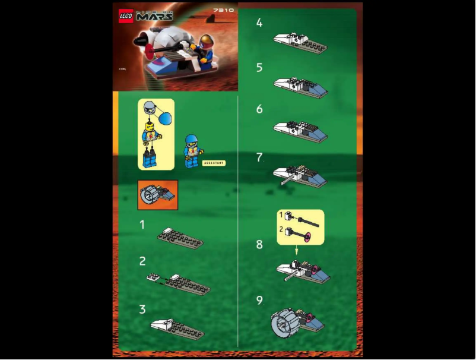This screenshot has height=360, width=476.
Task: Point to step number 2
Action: coord(142,261)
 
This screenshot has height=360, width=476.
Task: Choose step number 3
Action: coord(142,309)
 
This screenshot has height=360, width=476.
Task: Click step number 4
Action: coord(259,23)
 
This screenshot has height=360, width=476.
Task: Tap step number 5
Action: coord(259,68)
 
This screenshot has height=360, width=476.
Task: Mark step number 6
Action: coord(259,109)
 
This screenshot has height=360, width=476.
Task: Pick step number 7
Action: coord(259,157)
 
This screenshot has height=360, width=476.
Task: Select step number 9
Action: coord(259,300)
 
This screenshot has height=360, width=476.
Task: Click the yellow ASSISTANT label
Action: coord(214,162)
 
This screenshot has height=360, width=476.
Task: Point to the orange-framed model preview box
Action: coord(157,195)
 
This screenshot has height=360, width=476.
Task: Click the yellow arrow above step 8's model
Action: coord(297,251)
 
